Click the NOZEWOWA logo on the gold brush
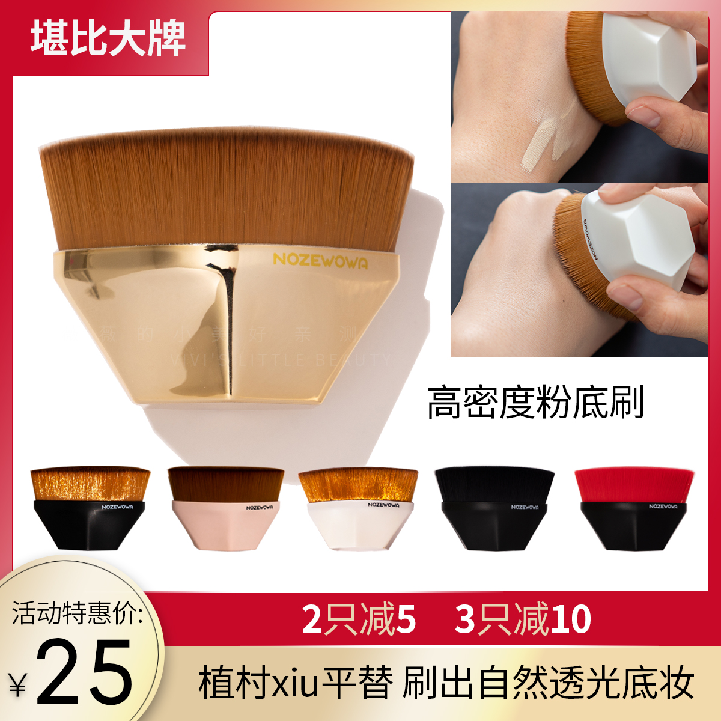pyautogui.click(x=320, y=261)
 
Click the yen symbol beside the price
pyautogui.click(x=18, y=685)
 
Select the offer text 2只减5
pyautogui.click(x=359, y=619)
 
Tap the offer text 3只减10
pyautogui.click(x=523, y=619)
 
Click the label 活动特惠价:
pyautogui.click(x=77, y=613)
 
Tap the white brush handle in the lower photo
pyautogui.click(x=637, y=240)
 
